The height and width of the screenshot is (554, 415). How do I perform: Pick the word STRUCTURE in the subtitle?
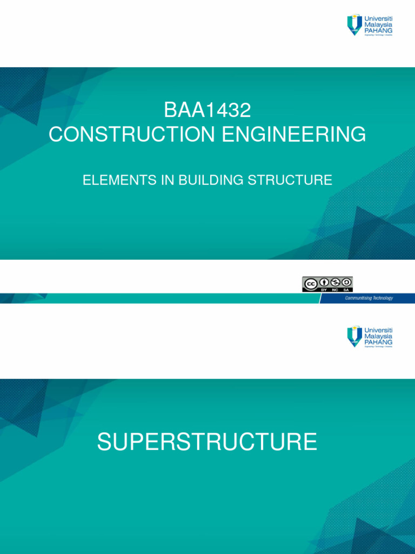click(290, 181)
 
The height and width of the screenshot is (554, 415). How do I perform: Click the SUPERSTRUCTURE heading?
click(207, 441)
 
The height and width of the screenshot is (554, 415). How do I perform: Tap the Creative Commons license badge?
click(327, 284)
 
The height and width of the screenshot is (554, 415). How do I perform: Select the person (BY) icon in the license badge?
click(323, 282)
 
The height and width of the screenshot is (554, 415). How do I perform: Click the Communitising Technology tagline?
click(369, 298)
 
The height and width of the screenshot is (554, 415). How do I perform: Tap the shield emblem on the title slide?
click(354, 25)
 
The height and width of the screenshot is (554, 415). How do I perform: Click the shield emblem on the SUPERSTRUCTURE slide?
click(354, 336)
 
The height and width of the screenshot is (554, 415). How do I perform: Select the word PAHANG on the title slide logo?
click(378, 31)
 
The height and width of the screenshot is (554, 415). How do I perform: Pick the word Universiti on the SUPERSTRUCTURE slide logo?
click(379, 329)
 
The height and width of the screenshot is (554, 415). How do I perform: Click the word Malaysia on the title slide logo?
click(378, 24)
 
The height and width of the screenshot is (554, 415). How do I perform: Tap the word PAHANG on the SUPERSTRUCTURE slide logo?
click(378, 342)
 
